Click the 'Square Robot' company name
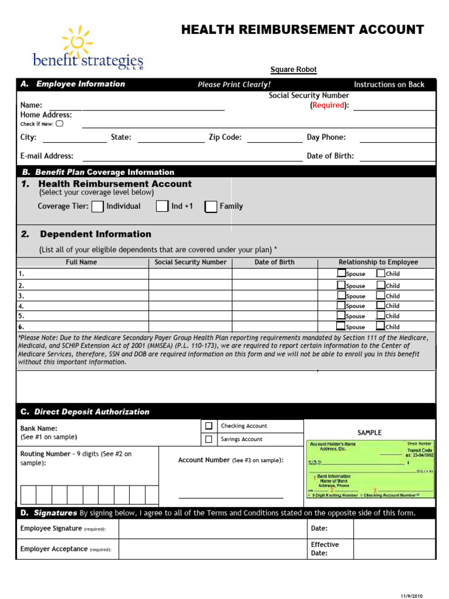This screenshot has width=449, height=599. [x=293, y=70]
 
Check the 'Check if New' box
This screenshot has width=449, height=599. [x=59, y=123]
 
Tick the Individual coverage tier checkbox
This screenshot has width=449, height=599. [x=98, y=206]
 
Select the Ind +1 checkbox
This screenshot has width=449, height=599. [x=162, y=206]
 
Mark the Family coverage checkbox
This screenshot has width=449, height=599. [x=211, y=206]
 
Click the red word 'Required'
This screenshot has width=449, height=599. [x=328, y=105]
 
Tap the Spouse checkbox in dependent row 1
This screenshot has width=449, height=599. [x=341, y=273]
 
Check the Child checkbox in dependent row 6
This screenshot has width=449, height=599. [x=381, y=326]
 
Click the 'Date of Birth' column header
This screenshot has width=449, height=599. [x=274, y=262]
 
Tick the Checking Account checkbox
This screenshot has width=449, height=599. [x=209, y=426]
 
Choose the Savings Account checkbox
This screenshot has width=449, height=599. [x=209, y=439]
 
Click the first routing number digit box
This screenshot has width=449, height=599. [x=28, y=495]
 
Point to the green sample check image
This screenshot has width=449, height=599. [x=371, y=469]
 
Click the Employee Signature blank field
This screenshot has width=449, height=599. [x=213, y=529]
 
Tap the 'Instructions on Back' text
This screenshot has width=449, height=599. [x=389, y=84]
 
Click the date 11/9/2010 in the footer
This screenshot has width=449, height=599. [x=410, y=595]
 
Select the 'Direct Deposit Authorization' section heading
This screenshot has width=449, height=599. [x=92, y=412]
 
